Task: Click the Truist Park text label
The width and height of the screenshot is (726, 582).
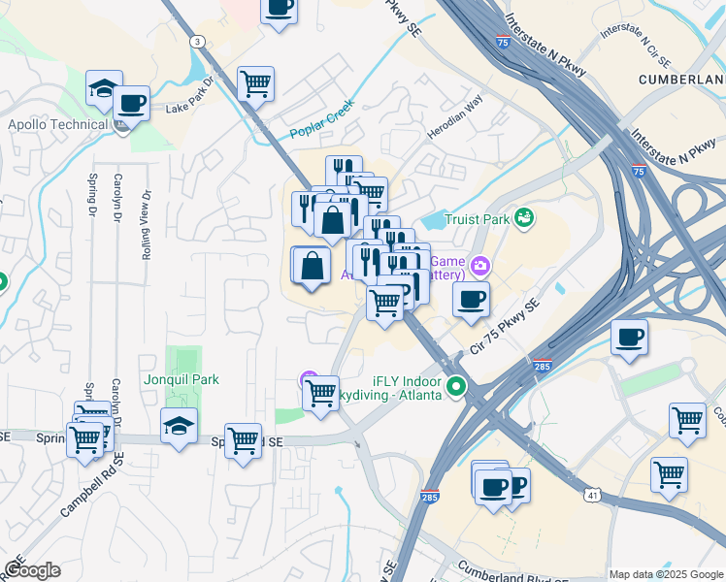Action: [x=477, y=219]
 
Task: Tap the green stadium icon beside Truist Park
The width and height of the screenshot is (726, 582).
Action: [x=525, y=216]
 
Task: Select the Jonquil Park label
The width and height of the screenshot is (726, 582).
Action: [x=180, y=380]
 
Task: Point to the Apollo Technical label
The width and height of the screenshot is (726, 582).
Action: [x=57, y=124]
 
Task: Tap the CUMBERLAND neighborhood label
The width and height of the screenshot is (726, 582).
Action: [x=681, y=79]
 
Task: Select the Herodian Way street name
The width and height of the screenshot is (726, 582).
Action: [x=455, y=116]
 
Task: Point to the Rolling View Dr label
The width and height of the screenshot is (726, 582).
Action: [x=148, y=224]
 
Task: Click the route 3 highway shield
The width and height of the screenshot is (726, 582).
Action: [x=198, y=41]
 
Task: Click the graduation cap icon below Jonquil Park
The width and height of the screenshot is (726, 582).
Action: [x=179, y=425]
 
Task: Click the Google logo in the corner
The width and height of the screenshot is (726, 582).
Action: [x=32, y=570]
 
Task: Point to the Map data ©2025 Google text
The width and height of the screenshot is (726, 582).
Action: [x=666, y=573]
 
